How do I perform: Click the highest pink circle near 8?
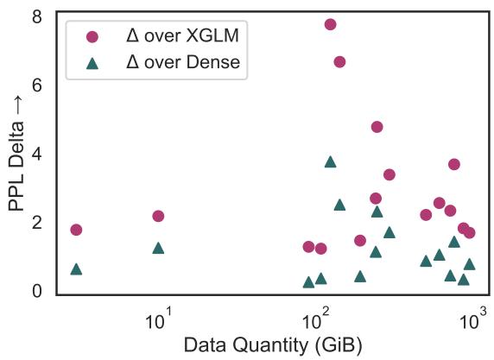330,24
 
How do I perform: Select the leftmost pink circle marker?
76,230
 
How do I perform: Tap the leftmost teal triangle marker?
76,269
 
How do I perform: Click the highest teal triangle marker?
330,161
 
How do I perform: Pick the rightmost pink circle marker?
469,233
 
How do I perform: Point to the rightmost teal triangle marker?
469,264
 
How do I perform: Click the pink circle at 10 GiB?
158,216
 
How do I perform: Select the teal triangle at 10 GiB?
158,248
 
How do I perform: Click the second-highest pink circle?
339,61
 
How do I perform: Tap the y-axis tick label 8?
37,16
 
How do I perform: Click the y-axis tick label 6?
37,85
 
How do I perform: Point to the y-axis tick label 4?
37,154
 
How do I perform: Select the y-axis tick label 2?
37,223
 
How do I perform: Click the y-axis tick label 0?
37,291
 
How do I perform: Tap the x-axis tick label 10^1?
159,319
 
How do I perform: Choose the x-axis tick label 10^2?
316,319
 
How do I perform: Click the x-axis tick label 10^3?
473,319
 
